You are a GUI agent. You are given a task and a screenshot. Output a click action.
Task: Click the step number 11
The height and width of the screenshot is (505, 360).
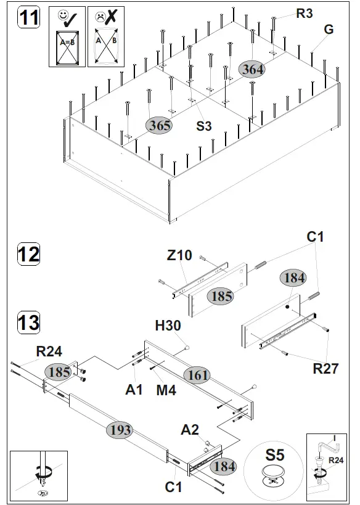(28, 18)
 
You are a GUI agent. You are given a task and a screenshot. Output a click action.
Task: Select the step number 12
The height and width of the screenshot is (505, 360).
(28, 254)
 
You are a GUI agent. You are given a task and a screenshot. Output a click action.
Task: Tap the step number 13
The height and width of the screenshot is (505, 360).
(28, 322)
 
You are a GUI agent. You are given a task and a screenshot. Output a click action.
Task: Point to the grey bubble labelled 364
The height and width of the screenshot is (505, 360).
(253, 70)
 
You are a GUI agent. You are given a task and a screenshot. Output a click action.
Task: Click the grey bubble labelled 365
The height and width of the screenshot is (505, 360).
(159, 125)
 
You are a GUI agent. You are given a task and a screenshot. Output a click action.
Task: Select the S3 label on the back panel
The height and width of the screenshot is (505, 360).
(204, 126)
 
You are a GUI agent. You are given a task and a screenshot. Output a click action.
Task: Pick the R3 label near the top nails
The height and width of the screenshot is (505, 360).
(305, 14)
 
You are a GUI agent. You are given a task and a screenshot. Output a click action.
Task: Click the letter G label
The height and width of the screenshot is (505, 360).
(329, 30)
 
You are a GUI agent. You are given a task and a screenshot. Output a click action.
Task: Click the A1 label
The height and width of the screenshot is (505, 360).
(134, 389)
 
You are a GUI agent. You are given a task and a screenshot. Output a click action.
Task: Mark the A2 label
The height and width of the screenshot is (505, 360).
(190, 430)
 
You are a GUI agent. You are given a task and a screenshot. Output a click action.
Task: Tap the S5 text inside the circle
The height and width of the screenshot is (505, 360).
(275, 456)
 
